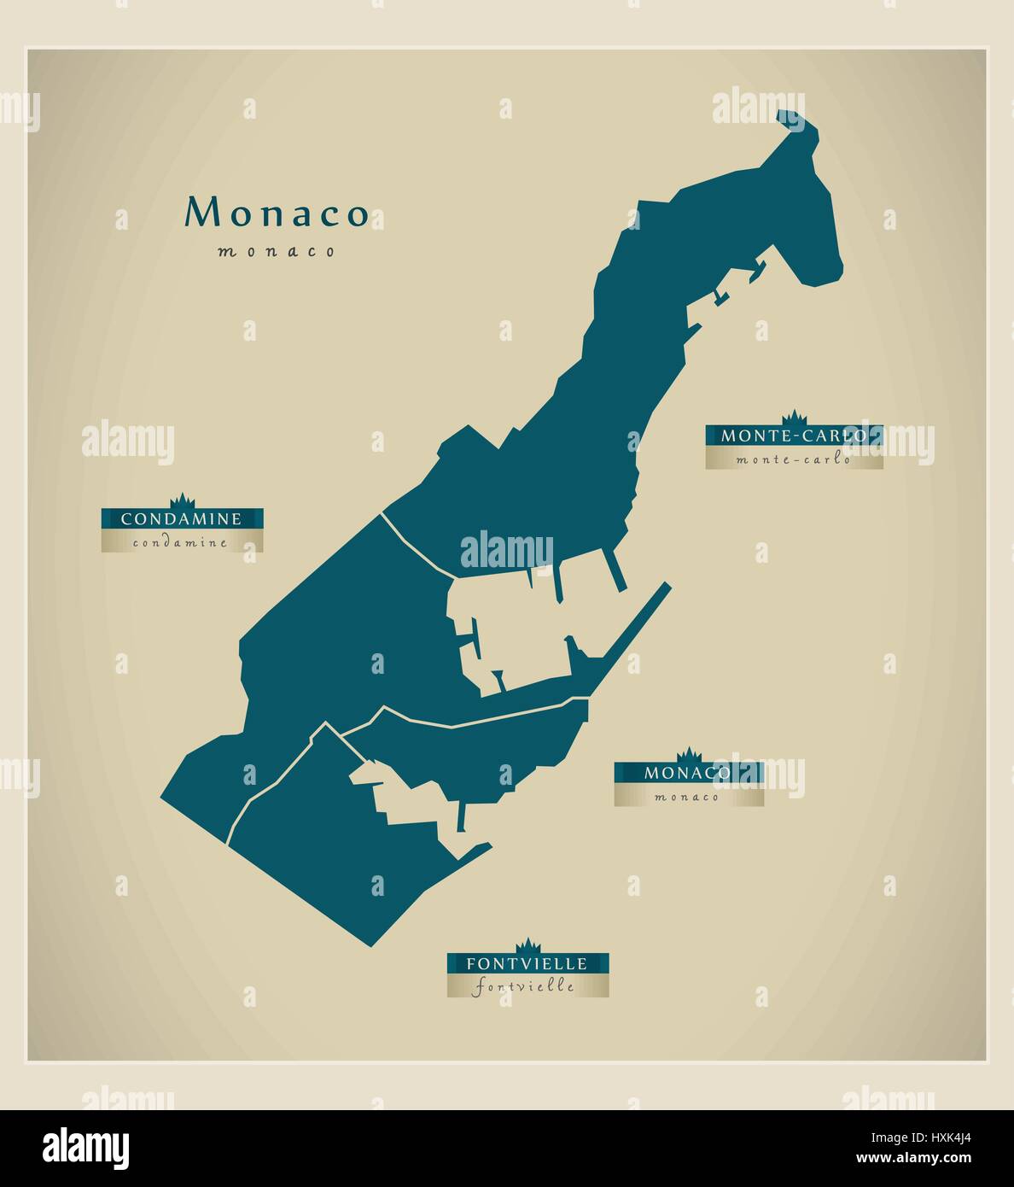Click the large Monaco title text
pyautogui.click(x=277, y=213)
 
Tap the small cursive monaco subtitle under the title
pyautogui.click(x=277, y=252)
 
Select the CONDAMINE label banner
pyautogui.click(x=182, y=518)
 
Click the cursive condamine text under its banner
pyautogui.click(x=181, y=542)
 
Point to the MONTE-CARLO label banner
pyautogui.click(x=794, y=436)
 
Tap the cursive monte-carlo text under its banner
pyautogui.click(x=794, y=459)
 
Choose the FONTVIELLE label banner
pyautogui.click(x=527, y=963)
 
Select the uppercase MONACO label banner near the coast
pyautogui.click(x=688, y=773)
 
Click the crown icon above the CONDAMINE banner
pyautogui.click(x=182, y=501)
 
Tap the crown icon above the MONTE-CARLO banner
pyautogui.click(x=795, y=418)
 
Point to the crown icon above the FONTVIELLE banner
pyautogui.click(x=528, y=945)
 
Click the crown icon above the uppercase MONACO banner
pyautogui.click(x=688, y=755)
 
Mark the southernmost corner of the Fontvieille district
pyautogui.click(x=370, y=944)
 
